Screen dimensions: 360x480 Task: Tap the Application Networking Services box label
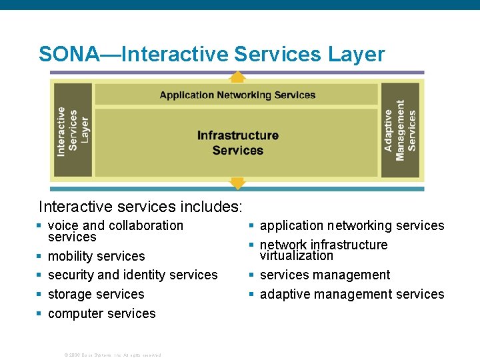(237, 95)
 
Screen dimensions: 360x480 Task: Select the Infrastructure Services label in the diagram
(237, 143)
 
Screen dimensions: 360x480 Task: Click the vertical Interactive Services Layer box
(73, 131)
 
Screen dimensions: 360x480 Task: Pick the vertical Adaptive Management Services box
(400, 131)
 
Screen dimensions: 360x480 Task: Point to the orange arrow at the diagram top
(238, 76)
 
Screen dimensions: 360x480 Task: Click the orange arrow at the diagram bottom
(238, 182)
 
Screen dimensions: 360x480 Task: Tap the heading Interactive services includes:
(141, 207)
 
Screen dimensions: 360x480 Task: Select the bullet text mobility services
(97, 256)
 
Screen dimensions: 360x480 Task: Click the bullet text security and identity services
(133, 275)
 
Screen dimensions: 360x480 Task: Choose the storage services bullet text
(96, 294)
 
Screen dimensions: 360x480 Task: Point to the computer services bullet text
(102, 313)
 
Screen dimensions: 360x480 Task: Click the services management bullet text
(325, 275)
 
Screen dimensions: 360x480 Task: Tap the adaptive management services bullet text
(352, 294)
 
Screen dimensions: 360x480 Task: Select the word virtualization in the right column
(297, 255)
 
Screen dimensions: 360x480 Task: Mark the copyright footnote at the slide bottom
(113, 355)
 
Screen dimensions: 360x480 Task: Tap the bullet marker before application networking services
(252, 226)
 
